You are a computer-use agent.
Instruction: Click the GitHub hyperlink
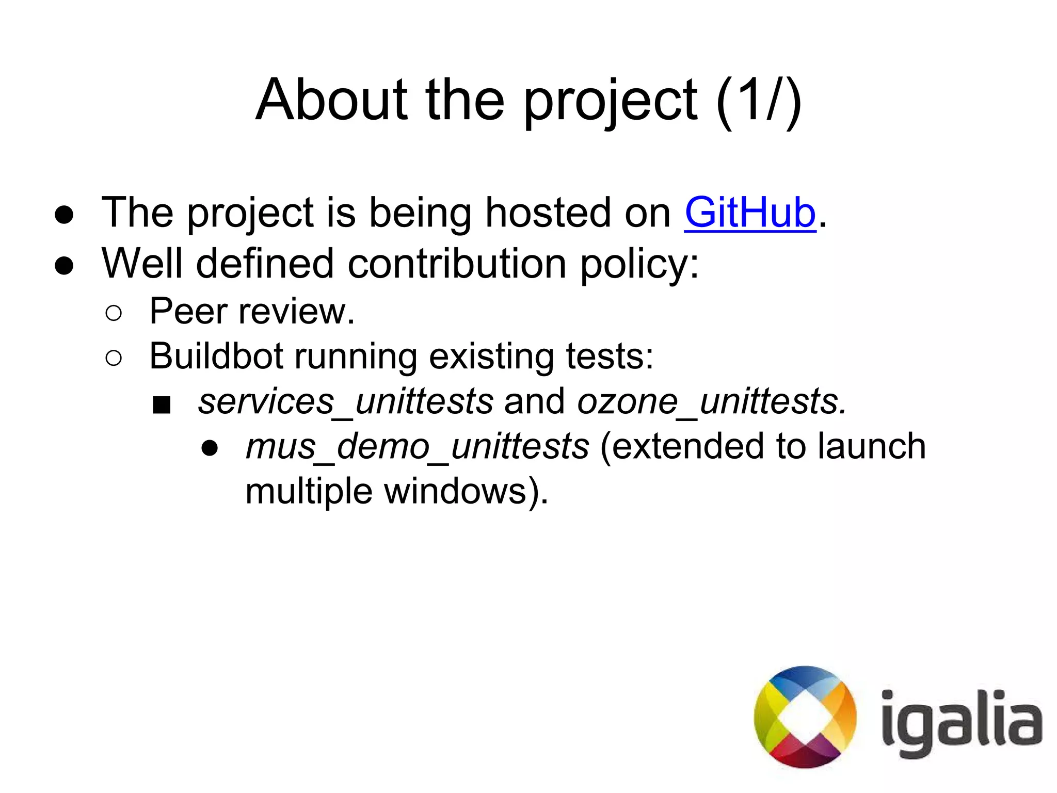(x=750, y=213)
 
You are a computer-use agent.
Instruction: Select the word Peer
(x=188, y=311)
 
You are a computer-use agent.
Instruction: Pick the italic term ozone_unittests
(x=711, y=401)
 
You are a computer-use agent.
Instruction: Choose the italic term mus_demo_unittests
(x=417, y=446)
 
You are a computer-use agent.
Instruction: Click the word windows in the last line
(x=456, y=491)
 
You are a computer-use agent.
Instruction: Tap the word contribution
(x=457, y=264)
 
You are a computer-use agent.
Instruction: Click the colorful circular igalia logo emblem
(x=805, y=717)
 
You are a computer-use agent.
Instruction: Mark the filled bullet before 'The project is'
(x=64, y=215)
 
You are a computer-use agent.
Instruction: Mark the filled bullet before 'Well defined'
(x=64, y=266)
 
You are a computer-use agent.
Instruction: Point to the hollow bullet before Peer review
(x=114, y=313)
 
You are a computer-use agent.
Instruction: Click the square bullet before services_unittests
(x=162, y=405)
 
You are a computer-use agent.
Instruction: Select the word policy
(x=639, y=264)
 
